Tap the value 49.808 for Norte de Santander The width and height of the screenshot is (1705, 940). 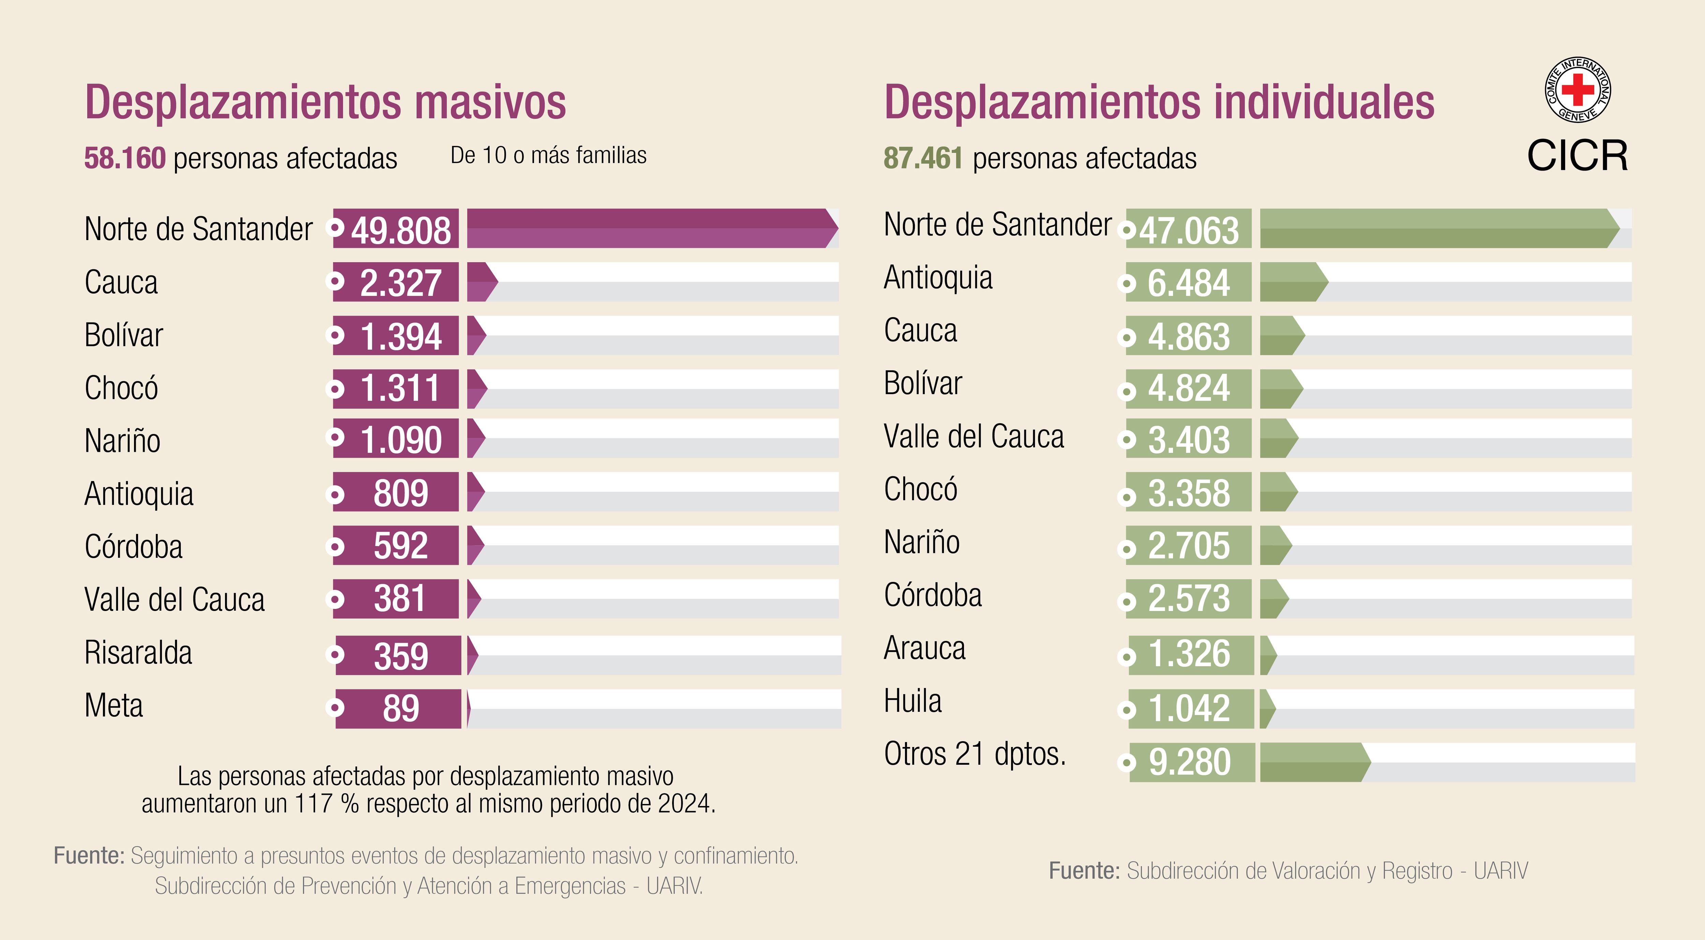[x=400, y=230]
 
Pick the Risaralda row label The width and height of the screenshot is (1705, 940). [x=138, y=653]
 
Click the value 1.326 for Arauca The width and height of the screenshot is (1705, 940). [x=1189, y=655]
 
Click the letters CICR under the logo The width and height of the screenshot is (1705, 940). [x=1577, y=156]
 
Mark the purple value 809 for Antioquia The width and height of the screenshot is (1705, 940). [x=400, y=493]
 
